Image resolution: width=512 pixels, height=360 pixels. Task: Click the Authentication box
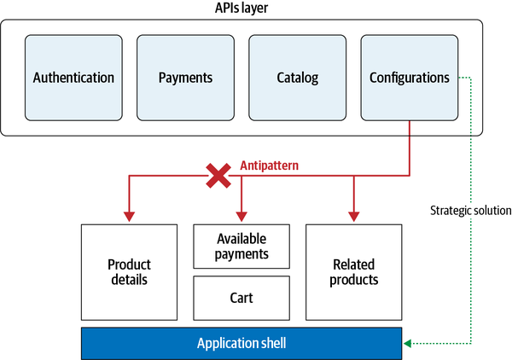pos(73,78)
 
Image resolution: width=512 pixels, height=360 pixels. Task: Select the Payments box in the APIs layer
pos(185,78)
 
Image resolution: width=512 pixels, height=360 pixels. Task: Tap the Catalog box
pos(297,78)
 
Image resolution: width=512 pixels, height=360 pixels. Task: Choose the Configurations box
pos(409,78)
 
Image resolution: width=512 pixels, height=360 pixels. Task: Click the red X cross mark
pos(219,176)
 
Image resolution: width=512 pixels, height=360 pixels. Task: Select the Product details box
pos(130,271)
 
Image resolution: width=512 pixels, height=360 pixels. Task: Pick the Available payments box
pos(242,247)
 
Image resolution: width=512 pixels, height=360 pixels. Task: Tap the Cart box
pos(242,298)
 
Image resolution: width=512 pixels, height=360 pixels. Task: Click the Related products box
pos(353,271)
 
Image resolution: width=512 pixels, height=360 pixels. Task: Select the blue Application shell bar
pos(241,343)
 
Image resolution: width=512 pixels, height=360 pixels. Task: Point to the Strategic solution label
pos(470,210)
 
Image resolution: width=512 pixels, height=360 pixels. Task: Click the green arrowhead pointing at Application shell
pos(409,343)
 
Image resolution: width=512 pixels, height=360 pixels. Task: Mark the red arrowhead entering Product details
pos(130,217)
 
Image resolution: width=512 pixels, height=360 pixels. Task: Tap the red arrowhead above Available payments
pos(242,217)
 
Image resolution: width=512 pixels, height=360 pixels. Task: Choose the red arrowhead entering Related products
pos(353,217)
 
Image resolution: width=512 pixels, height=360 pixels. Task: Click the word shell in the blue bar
pos(271,343)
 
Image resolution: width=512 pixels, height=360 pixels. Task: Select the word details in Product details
pos(130,281)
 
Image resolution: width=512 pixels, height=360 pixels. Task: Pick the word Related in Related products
pos(353,263)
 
